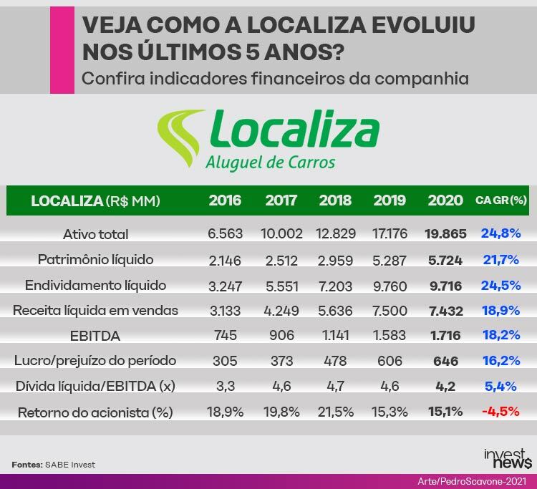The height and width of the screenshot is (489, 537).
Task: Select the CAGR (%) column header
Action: click(500, 201)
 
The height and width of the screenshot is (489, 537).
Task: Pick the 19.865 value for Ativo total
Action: click(445, 233)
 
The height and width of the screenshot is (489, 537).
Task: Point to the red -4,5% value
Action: click(500, 412)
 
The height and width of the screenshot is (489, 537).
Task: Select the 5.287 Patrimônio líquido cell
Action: click(390, 259)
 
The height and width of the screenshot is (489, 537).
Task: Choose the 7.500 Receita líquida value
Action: click(390, 311)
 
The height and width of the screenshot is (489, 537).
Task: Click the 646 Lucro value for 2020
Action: click(445, 362)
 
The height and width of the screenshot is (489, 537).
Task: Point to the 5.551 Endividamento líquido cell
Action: click(280, 285)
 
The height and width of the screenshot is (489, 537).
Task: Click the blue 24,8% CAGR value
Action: click(500, 233)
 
